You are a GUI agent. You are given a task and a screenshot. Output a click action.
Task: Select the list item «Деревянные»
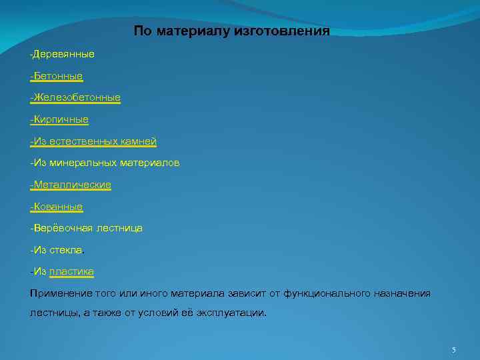coord(64,53)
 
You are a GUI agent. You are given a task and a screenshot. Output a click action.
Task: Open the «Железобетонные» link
coord(77,97)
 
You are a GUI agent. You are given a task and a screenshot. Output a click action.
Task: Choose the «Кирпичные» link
coord(61,119)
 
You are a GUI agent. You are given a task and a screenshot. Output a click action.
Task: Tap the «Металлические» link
coord(72,185)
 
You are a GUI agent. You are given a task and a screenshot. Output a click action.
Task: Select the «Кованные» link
coord(58,207)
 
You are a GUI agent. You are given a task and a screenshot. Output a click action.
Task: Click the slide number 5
coord(454,350)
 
